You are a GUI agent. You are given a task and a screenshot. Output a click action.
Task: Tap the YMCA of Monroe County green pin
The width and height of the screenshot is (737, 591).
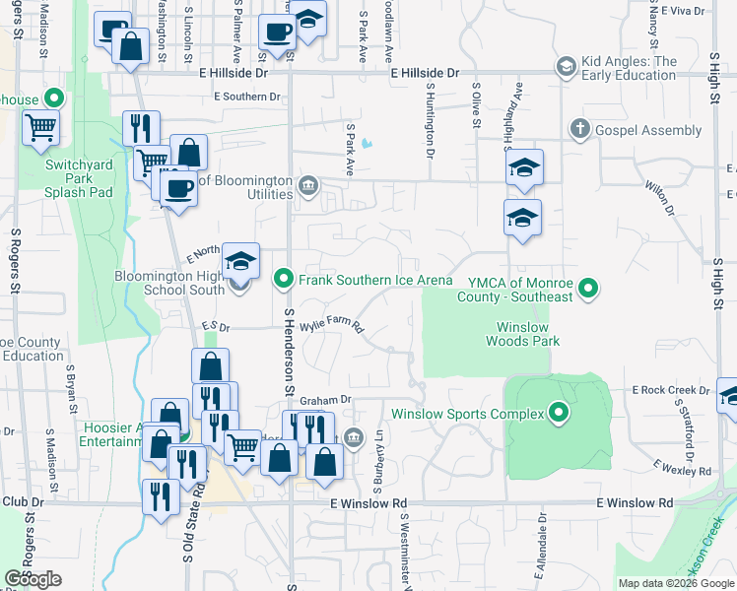click(588, 289)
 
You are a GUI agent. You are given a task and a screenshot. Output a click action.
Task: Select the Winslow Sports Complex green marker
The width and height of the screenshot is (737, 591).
click(560, 413)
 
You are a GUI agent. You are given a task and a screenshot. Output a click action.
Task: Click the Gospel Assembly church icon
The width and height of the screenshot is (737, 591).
click(580, 129)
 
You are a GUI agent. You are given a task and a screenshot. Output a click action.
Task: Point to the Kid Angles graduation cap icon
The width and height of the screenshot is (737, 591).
click(566, 67)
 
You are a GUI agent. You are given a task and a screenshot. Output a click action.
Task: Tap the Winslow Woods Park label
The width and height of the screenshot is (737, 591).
click(522, 334)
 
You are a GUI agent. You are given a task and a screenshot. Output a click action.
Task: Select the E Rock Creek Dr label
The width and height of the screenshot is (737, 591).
click(671, 390)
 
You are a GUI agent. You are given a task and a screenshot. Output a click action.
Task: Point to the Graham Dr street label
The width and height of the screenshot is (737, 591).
click(325, 400)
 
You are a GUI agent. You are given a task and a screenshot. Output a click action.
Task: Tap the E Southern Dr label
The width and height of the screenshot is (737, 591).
click(247, 97)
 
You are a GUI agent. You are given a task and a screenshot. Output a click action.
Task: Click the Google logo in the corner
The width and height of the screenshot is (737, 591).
click(33, 579)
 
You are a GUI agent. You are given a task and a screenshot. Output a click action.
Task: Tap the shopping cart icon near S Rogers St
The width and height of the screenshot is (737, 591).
click(40, 129)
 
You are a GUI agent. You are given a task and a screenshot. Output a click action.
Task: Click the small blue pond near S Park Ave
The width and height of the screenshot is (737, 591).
click(367, 144)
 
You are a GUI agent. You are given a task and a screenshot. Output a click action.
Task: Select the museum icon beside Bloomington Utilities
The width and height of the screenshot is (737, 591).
click(307, 185)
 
